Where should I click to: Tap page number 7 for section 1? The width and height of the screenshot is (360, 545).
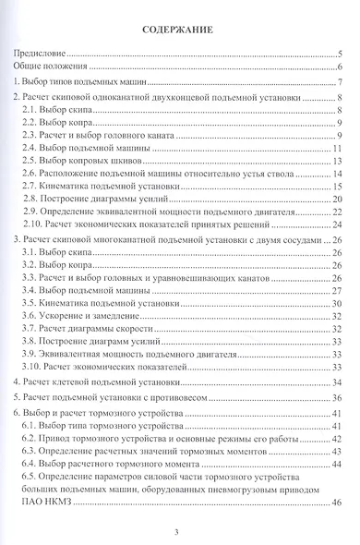[341, 87]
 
